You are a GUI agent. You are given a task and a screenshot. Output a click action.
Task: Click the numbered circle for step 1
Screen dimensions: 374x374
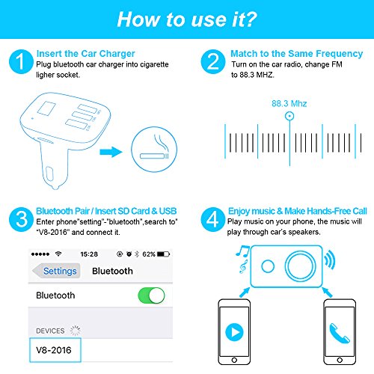point(21,61)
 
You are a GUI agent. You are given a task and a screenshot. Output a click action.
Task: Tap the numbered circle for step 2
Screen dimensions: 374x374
point(213,61)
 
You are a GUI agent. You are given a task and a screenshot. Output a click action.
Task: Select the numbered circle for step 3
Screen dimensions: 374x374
point(21,219)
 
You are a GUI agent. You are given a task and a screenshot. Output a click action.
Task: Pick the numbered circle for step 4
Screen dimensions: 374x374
point(213,219)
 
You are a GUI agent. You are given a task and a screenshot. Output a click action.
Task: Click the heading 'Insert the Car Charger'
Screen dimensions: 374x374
point(85,54)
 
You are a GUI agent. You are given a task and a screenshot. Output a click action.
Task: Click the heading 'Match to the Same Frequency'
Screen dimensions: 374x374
point(296,54)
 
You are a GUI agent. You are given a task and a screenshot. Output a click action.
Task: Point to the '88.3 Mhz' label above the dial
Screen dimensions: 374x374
point(289,103)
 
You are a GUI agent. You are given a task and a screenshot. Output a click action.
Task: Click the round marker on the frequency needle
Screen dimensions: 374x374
point(289,116)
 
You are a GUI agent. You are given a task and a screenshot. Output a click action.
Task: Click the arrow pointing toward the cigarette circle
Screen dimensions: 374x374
point(111,152)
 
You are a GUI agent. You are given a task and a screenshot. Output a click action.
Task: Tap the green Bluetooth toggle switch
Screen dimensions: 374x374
point(151,295)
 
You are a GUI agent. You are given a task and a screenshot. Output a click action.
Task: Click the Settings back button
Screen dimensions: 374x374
point(56,271)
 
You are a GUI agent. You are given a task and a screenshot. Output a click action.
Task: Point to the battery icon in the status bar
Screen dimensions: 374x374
point(163,254)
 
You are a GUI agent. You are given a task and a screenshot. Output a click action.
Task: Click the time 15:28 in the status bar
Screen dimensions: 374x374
point(89,254)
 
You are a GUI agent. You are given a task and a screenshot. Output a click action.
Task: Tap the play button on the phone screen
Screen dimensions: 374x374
point(234,332)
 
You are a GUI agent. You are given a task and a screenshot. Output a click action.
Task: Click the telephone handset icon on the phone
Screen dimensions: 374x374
point(340,333)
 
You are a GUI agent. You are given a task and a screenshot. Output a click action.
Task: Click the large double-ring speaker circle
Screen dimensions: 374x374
point(300,266)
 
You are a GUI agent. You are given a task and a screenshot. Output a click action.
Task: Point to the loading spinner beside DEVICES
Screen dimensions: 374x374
point(75,331)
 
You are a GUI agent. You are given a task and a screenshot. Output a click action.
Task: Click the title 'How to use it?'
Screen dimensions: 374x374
point(187,19)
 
